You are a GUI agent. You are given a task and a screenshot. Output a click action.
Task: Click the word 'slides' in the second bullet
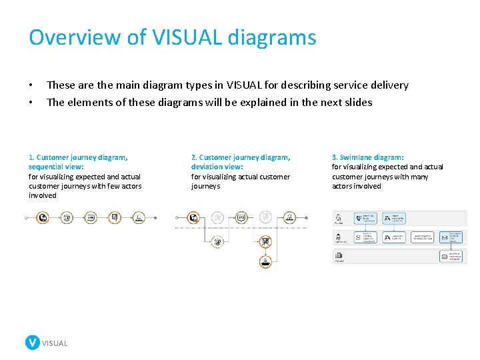(x=356, y=102)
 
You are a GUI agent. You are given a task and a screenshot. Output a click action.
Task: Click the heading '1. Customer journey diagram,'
(x=78, y=157)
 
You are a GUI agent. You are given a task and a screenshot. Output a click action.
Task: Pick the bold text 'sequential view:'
(x=56, y=167)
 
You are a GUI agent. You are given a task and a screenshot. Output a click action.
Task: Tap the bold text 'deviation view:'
(x=217, y=167)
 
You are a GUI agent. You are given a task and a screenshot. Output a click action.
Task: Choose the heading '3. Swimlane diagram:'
(x=367, y=157)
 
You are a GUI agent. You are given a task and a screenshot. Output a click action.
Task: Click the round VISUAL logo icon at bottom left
(x=32, y=343)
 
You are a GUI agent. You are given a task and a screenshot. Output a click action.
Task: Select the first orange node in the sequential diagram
(x=43, y=217)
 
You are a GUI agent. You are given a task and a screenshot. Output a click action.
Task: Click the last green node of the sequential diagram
(x=139, y=217)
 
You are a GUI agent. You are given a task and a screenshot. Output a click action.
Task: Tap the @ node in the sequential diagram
(x=67, y=217)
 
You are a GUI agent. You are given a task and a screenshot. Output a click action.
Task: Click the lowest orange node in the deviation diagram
(x=265, y=261)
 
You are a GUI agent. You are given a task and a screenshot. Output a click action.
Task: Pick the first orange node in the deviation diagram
(x=193, y=217)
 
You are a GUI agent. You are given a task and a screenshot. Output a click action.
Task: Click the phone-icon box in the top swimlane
(x=366, y=218)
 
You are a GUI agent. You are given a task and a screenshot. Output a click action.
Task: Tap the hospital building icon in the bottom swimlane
(x=339, y=255)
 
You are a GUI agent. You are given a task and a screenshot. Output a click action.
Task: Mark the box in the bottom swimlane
(x=453, y=256)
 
